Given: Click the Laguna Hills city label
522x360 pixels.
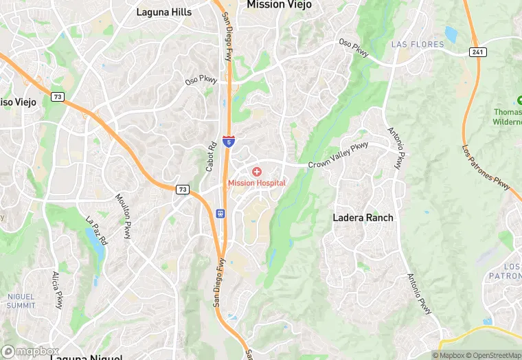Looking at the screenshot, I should (164, 12).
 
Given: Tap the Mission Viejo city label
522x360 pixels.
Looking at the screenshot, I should (279, 5).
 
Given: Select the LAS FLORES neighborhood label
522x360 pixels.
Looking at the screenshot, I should (418, 44).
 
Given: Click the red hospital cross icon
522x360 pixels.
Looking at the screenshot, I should (256, 171).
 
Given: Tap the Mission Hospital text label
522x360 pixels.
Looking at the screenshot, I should (256, 183).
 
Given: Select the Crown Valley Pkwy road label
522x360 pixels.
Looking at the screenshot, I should (338, 155).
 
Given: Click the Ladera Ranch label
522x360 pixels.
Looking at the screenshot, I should (363, 218).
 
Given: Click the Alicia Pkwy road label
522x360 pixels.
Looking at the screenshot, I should (58, 289).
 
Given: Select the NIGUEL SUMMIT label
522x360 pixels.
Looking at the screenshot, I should (21, 300).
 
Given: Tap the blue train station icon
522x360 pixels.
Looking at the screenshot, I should (220, 214).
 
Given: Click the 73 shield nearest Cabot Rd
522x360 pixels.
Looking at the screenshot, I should (183, 190).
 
